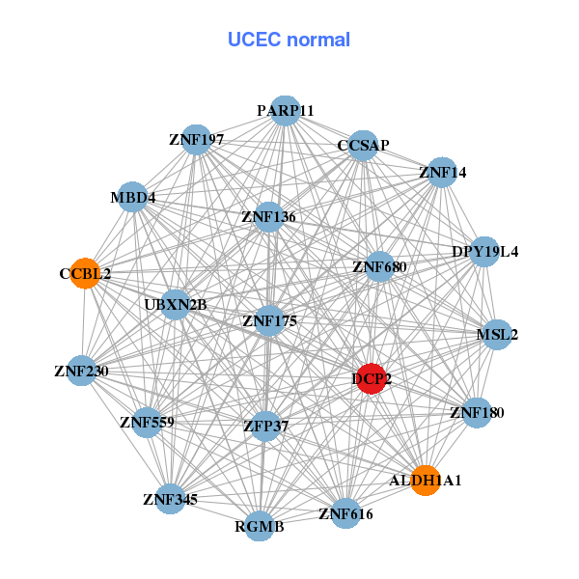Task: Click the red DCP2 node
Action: pyautogui.click(x=372, y=379)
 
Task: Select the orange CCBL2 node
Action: pyautogui.click(x=86, y=273)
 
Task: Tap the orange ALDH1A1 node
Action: pyautogui.click(x=426, y=480)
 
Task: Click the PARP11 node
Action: pyautogui.click(x=285, y=111)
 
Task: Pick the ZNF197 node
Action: pyautogui.click(x=196, y=140)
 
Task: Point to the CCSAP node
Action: pyautogui.click(x=363, y=146)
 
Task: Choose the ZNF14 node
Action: pyautogui.click(x=442, y=173)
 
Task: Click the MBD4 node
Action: pyautogui.click(x=132, y=198)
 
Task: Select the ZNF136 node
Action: pyautogui.click(x=268, y=217)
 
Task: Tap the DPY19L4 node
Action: pyautogui.click(x=484, y=252)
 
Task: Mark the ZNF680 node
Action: pyautogui.click(x=379, y=266)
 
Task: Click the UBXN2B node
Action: pyautogui.click(x=176, y=305)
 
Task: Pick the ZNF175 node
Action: pyautogui.click(x=269, y=320)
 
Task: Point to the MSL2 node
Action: pyautogui.click(x=497, y=335)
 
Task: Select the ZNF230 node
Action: pyautogui.click(x=81, y=371)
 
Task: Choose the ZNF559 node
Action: pyautogui.click(x=147, y=422)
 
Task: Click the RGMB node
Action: pyautogui.click(x=259, y=526)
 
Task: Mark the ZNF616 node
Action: pyautogui.click(x=345, y=513)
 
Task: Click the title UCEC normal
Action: pyautogui.click(x=289, y=40)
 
